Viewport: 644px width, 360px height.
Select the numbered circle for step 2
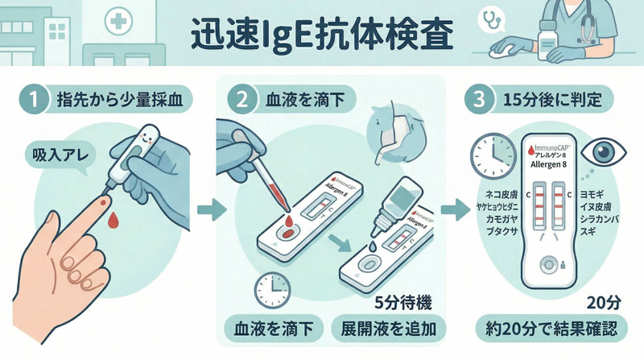coord(239,101)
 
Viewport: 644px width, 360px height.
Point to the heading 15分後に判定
coord(555,101)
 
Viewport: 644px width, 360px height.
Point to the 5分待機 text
coord(403,304)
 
